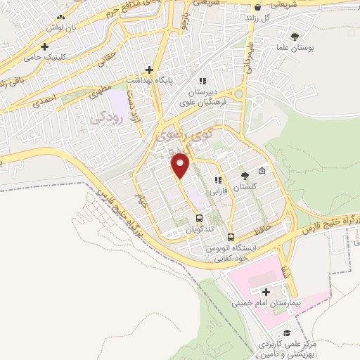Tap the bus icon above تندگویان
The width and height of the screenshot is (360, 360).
(x=199, y=218)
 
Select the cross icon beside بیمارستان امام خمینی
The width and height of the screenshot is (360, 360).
(x=265, y=292)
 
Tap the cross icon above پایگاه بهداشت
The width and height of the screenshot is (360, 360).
(x=148, y=70)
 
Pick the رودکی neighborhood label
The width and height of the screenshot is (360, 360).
(x=108, y=119)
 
